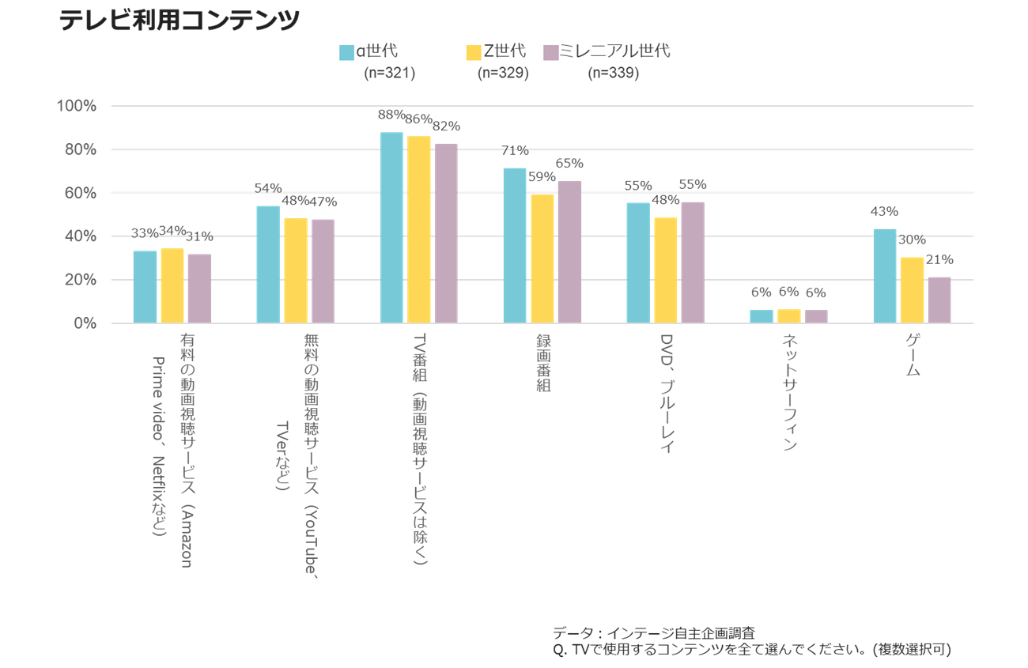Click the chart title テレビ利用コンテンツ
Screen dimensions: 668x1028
(x=180, y=20)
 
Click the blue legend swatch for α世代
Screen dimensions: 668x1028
(x=346, y=52)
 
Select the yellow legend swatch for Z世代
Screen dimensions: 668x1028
(x=474, y=52)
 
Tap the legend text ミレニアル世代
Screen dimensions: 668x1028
(x=614, y=51)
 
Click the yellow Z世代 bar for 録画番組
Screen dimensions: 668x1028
(x=542, y=259)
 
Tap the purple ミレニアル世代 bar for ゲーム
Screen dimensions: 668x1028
(x=939, y=300)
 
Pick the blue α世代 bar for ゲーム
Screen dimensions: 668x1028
(x=885, y=276)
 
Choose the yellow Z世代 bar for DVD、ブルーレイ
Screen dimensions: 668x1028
(x=666, y=270)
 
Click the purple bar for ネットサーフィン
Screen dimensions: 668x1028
(x=816, y=316)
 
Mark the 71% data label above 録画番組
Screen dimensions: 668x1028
(x=515, y=151)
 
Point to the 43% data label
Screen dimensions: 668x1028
(x=884, y=212)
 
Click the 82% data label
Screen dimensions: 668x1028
(x=446, y=126)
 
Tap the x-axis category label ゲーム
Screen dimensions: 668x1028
(x=913, y=355)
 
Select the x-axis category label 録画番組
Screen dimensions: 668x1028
(x=542, y=363)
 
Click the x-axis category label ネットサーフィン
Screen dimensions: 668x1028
(x=789, y=392)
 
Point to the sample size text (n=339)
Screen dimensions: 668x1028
(x=613, y=74)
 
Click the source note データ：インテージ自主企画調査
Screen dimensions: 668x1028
(x=653, y=633)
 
